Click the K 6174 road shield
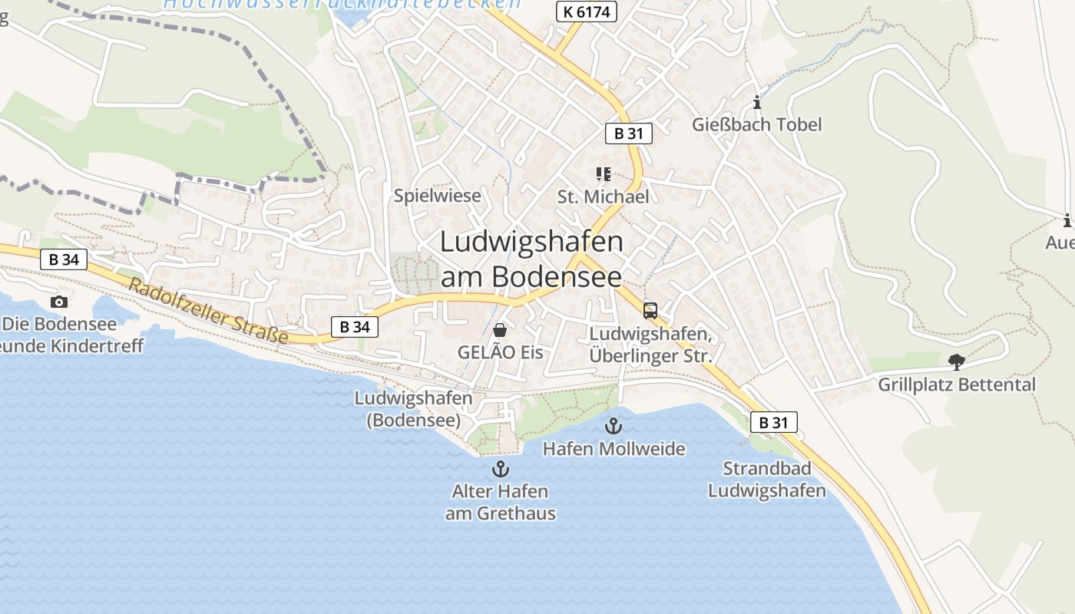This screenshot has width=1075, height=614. (586, 11)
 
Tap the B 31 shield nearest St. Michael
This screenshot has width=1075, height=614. (628, 134)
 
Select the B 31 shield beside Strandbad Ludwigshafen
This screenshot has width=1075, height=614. (773, 422)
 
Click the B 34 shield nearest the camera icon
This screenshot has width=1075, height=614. (64, 259)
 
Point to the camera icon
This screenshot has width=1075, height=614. (59, 302)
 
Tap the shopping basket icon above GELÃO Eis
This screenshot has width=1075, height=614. (500, 330)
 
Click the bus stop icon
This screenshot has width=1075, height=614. (650, 311)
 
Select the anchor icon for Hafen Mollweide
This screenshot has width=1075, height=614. (613, 426)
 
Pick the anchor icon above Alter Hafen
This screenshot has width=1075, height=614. (501, 468)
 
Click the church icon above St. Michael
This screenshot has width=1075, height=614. (604, 174)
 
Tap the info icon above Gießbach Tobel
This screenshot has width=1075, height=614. (757, 102)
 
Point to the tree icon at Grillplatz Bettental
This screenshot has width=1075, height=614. (956, 361)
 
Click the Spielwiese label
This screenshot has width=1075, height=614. (438, 196)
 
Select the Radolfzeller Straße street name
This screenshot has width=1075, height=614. (209, 312)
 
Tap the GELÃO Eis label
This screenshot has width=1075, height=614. (500, 353)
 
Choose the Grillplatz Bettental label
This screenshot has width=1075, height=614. (957, 385)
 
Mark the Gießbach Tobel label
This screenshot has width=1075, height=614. (756, 124)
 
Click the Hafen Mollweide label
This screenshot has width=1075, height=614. (614, 448)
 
